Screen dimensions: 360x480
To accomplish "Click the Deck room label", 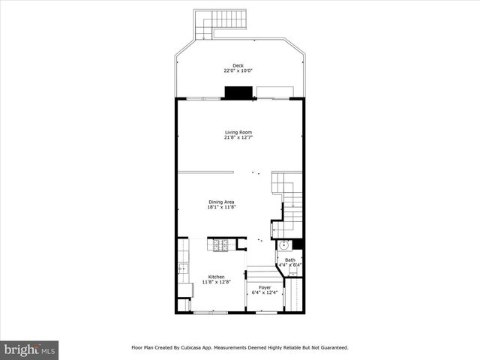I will [238, 66].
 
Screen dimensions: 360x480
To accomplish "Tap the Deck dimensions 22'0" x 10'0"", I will [238, 71].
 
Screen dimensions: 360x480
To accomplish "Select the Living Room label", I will [238, 132].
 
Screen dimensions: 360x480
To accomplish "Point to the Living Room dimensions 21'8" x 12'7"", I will [238, 137].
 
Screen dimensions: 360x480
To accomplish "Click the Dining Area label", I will [221, 201].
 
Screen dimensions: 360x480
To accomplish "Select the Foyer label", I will [265, 287].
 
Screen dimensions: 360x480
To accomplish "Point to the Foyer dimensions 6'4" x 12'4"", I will [265, 292].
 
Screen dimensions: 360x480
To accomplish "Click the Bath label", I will [289, 260].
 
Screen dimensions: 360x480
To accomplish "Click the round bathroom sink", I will [284, 245].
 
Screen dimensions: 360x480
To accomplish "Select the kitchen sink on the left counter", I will [181, 267].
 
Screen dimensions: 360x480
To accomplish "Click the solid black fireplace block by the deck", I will [239, 93].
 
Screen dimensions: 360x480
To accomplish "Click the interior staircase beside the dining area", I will [289, 202].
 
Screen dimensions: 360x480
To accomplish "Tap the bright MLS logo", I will [29, 349].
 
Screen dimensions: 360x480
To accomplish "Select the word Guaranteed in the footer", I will [331, 348].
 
